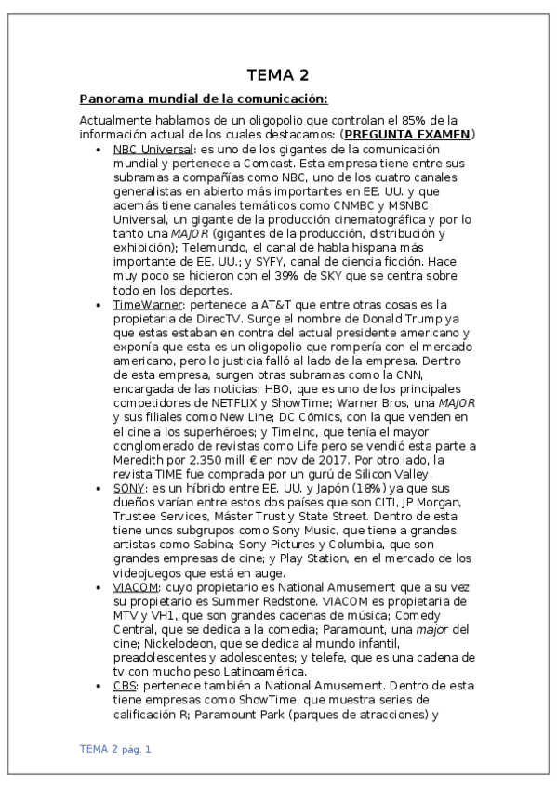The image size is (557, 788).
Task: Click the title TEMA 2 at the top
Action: click(278, 75)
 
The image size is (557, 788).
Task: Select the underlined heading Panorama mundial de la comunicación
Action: click(204, 99)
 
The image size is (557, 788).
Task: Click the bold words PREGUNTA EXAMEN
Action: click(407, 135)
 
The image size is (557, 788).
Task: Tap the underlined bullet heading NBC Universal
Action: click(153, 149)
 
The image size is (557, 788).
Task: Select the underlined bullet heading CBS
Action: click(126, 685)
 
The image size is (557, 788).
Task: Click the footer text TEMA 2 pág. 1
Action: click(115, 748)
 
